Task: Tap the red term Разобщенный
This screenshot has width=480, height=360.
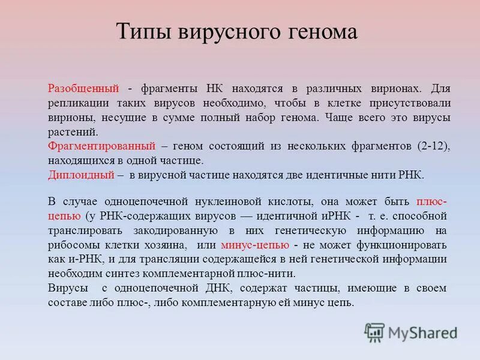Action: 82,88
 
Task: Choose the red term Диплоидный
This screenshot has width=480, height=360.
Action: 81,175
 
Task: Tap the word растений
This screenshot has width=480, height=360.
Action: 71,131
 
